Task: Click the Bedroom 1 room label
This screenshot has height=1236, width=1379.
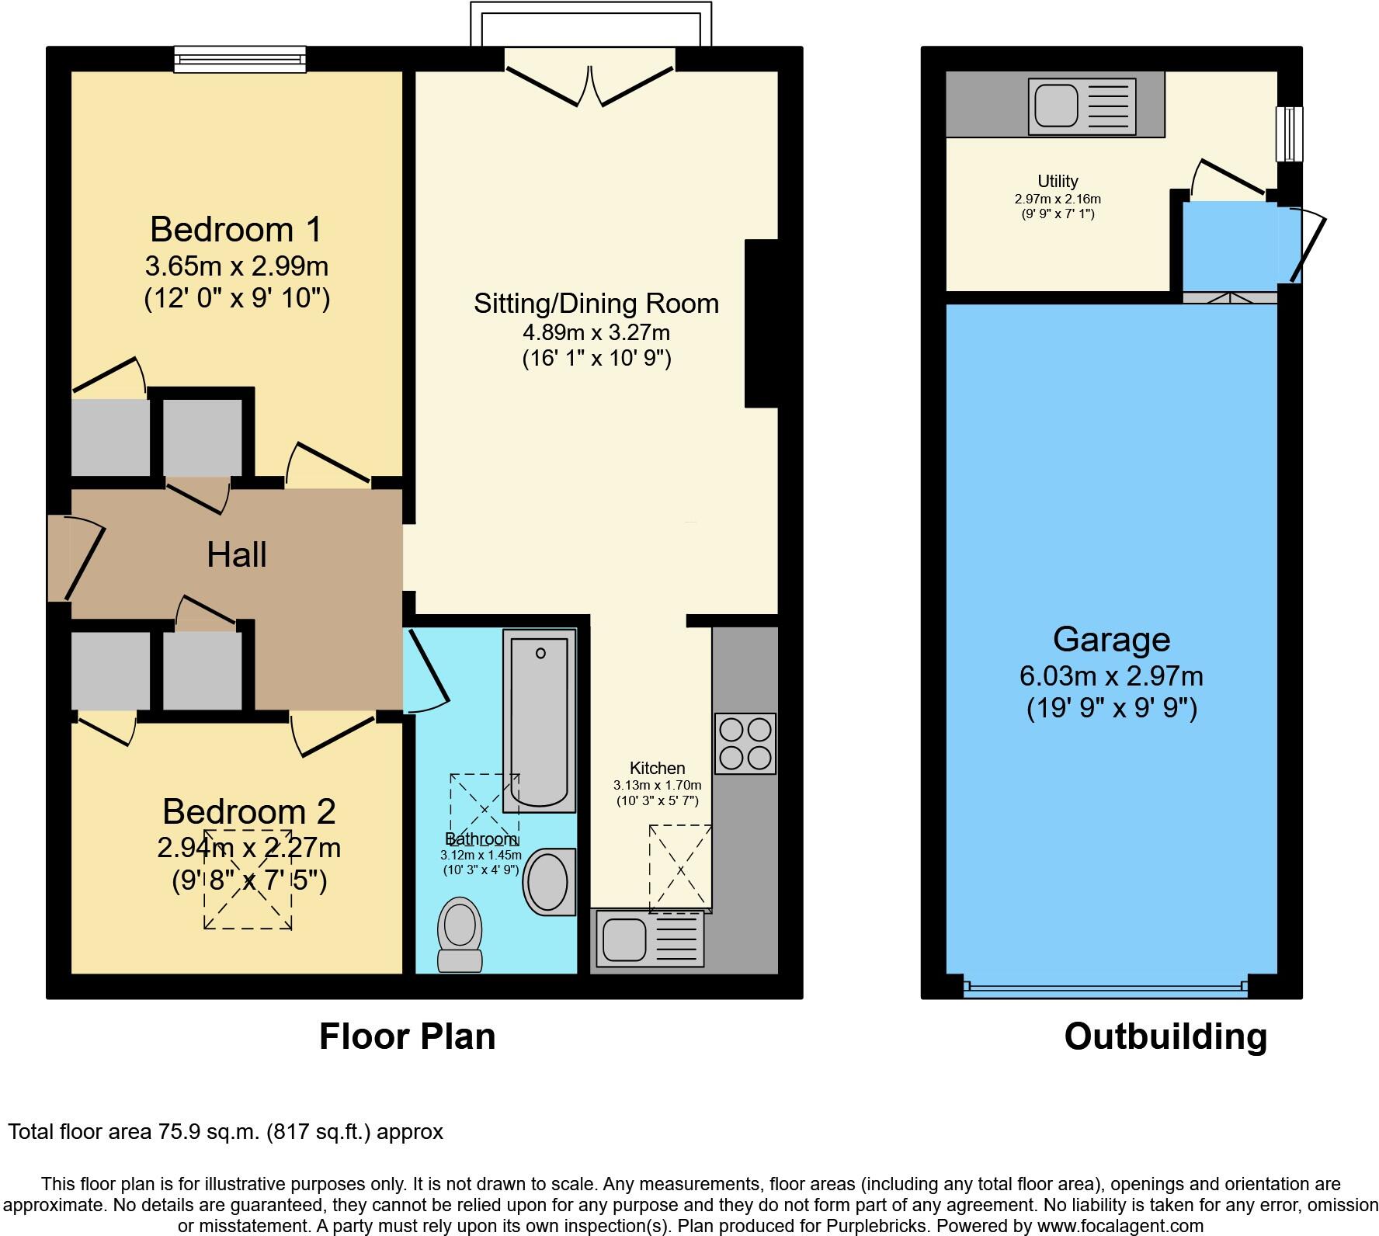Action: [x=236, y=230]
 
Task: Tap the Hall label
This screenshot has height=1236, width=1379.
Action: [x=237, y=555]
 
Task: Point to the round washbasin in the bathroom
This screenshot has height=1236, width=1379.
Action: [x=549, y=882]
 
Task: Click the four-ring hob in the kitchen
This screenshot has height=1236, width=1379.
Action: [x=745, y=743]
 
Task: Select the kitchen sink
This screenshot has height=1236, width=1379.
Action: [x=648, y=939]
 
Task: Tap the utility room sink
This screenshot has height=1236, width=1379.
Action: [x=1082, y=105]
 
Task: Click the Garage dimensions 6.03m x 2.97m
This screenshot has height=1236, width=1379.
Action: [x=1111, y=676]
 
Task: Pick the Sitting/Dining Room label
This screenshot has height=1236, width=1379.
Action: [x=596, y=303]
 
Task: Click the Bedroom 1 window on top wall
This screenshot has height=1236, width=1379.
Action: [x=239, y=59]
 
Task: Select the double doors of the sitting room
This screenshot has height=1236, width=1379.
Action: [x=590, y=85]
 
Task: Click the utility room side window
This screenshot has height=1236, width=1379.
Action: [x=1289, y=134]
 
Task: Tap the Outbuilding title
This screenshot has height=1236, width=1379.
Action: [x=1165, y=1036]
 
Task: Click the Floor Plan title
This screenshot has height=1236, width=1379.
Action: [x=407, y=1036]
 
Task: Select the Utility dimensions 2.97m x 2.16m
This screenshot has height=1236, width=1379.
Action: [x=1058, y=199]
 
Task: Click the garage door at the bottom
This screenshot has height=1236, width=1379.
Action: [x=1106, y=988]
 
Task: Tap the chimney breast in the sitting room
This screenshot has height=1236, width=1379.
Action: [x=761, y=323]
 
